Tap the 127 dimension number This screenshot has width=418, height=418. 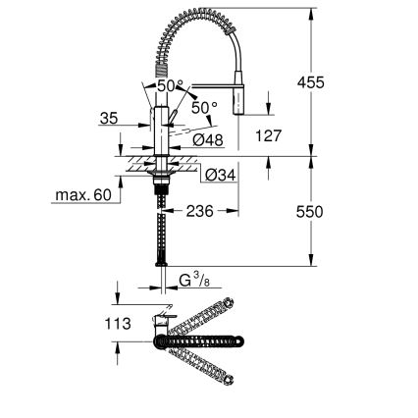[267, 136]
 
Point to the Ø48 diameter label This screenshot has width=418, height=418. [207, 140]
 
